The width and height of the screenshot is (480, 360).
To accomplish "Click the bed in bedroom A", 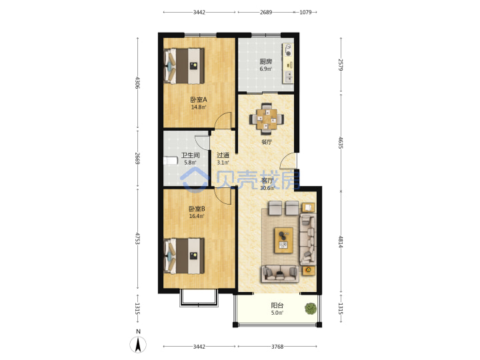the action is tap(184, 66).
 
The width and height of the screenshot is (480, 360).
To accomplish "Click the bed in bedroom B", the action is tap(184, 256).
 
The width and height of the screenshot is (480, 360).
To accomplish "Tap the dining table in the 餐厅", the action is tap(267, 119).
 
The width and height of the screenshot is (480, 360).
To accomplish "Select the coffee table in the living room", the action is tap(284, 240).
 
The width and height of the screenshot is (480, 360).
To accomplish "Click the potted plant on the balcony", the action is tap(311, 308).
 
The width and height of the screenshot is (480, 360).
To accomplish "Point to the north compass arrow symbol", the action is tap(138, 345).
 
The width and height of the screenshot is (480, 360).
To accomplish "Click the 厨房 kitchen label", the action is tap(266, 61).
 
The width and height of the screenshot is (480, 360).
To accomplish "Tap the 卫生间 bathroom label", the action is tap(190, 155).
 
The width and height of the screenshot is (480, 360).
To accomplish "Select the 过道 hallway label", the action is tap(223, 155).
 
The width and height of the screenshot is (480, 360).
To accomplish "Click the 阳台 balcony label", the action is tap(277, 305).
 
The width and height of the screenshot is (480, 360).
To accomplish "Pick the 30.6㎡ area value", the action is tap(267, 188).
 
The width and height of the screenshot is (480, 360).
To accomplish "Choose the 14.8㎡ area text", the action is tap(199, 107).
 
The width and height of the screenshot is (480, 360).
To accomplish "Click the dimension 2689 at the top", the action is tap(266, 12).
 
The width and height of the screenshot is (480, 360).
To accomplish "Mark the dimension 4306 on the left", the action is tap(137, 83).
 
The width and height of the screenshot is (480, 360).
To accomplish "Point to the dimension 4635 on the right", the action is tap(341, 143).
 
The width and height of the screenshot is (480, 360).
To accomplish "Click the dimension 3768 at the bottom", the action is tap(277, 347).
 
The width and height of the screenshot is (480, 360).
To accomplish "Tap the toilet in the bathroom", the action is tap(171, 161).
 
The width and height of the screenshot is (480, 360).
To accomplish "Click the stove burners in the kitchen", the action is tap(288, 50).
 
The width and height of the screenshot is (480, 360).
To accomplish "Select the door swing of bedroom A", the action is tap(223, 121).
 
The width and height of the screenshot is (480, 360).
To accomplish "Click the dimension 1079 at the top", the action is tap(305, 12).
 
